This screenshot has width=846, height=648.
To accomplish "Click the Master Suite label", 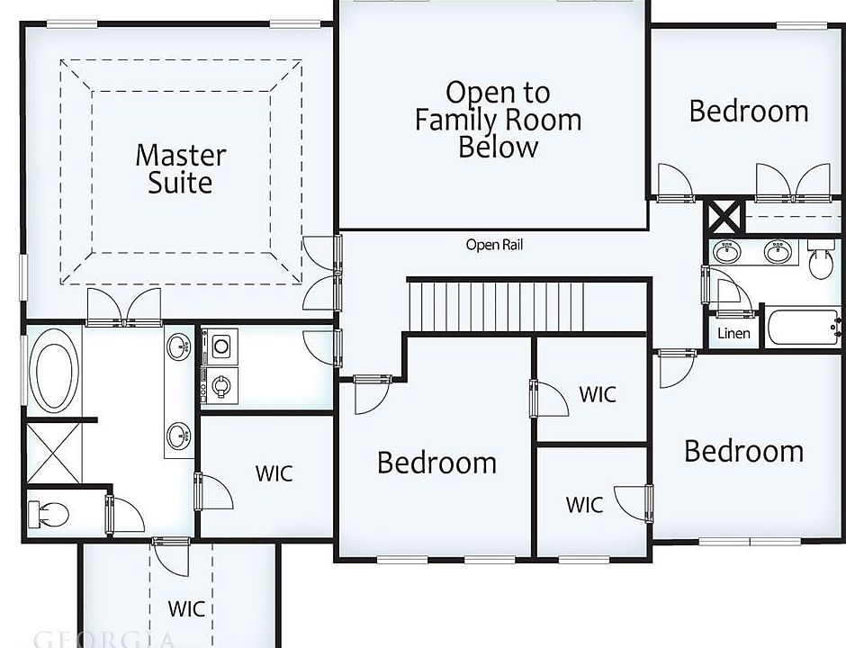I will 180,168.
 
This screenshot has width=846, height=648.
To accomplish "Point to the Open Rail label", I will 494,245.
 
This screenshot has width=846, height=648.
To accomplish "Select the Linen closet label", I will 733,334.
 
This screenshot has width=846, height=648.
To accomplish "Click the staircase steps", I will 526,307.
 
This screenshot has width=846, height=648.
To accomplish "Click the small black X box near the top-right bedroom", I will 724,217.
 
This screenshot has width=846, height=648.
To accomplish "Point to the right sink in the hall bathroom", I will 778,252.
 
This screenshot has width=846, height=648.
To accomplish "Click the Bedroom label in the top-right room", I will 748,112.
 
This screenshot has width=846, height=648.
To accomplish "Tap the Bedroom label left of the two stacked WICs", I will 436,463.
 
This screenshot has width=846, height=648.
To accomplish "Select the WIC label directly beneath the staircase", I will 597,394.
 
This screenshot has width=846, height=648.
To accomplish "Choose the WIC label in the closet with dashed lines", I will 185,608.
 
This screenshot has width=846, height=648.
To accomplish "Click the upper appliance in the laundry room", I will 221,345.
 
